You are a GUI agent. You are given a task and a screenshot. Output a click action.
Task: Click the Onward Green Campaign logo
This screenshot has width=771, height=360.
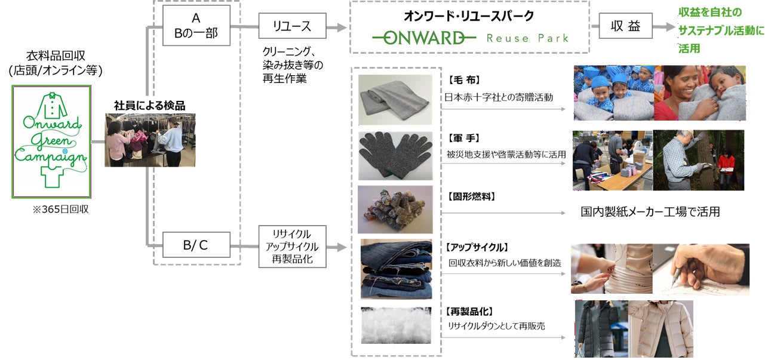pyautogui.click(x=51, y=141)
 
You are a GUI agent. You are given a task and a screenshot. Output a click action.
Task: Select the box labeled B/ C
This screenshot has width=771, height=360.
pyautogui.click(x=196, y=245)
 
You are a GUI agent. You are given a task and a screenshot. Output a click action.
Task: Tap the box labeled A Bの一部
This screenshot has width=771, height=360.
pyautogui.click(x=196, y=26)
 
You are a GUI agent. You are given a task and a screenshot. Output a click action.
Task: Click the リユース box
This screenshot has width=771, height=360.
pyautogui.click(x=293, y=27)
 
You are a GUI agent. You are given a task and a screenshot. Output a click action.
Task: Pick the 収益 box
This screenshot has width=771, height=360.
pyautogui.click(x=625, y=27)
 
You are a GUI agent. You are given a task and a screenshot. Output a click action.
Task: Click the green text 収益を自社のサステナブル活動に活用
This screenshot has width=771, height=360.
pyautogui.click(x=721, y=30)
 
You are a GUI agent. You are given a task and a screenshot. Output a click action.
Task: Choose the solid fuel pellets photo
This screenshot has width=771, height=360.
pyautogui.click(x=395, y=210)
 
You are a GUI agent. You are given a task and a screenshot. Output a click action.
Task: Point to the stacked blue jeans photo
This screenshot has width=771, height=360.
pyautogui.click(x=395, y=268)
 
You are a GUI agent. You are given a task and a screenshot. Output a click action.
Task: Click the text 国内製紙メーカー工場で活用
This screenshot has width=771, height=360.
pyautogui.click(x=650, y=212)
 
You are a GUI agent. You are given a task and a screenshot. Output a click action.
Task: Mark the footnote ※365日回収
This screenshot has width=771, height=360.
pyautogui.click(x=60, y=210)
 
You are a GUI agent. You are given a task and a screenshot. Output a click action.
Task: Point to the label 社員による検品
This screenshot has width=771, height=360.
pyautogui.click(x=149, y=106)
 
